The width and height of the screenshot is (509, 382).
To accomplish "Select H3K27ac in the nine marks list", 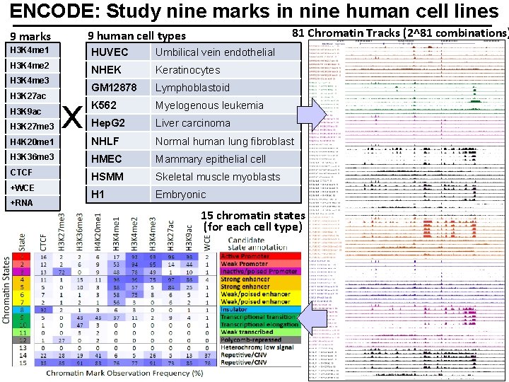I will pos(28,96).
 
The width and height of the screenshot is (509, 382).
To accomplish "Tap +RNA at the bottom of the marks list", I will pos(22,203).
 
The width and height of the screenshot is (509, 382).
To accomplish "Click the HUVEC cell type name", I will pos(110,52).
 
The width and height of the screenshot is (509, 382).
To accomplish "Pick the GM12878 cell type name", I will pos(114,88).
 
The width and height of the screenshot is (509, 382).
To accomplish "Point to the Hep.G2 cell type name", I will pos(108,123).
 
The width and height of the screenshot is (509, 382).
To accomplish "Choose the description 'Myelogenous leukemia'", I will pos(209,105).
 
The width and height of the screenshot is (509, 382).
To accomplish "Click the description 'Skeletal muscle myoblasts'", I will pos(218,177).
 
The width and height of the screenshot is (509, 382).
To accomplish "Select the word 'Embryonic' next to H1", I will pos(181,195).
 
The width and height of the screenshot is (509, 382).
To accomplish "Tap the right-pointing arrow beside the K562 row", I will pos(311,115).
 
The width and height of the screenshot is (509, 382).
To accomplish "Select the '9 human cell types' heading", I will pos(136,36).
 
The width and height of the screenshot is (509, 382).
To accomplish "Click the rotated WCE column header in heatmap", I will pos(206,240).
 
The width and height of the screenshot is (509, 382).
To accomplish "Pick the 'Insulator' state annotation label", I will pos(239,309).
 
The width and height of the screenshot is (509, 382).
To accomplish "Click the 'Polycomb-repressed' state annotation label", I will pos(252,340).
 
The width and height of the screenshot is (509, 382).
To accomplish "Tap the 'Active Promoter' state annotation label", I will pos(245,256).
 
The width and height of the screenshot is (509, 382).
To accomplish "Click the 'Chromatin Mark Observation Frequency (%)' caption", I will pos(125,373).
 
